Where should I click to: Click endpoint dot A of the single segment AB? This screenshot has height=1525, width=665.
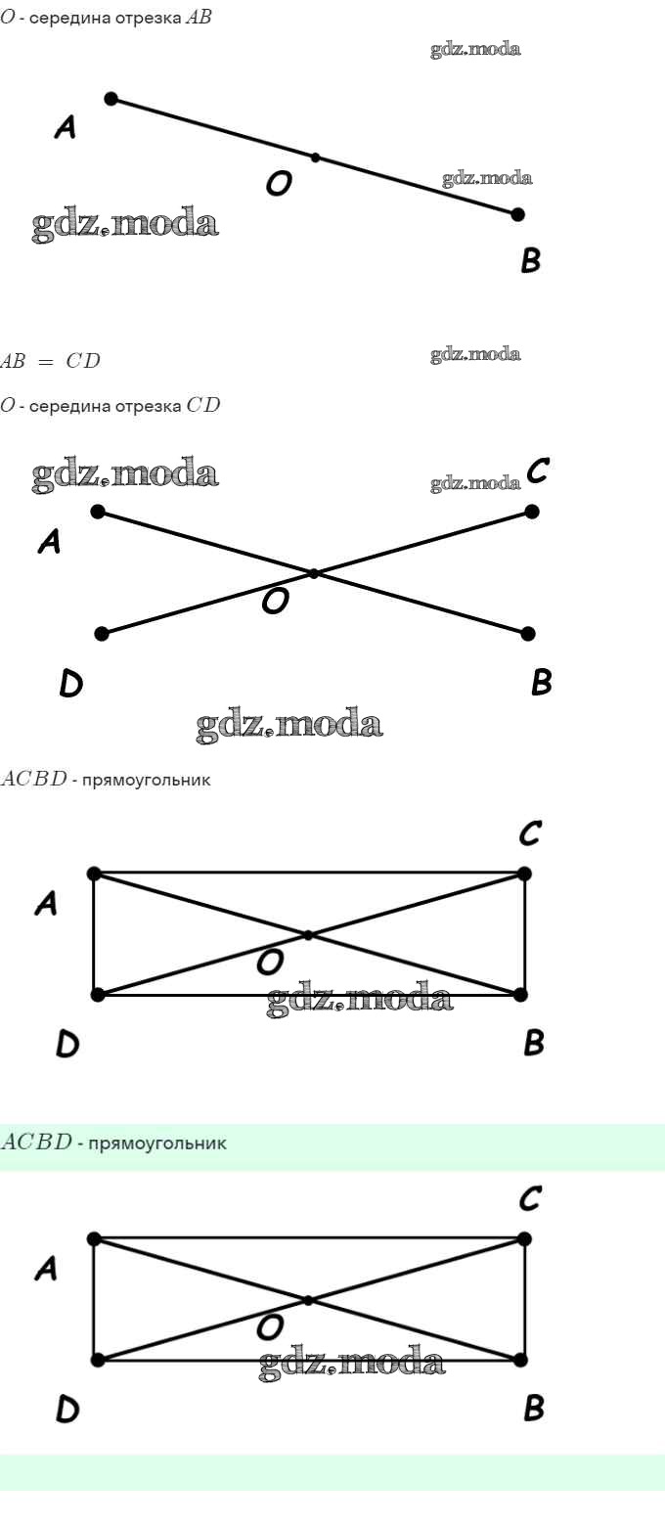click(x=111, y=100)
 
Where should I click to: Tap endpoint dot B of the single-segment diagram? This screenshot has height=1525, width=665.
click(x=517, y=214)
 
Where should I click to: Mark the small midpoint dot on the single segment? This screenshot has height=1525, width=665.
click(x=315, y=157)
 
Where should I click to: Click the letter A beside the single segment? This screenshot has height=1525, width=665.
click(x=65, y=127)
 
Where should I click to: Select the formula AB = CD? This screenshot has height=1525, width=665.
click(x=51, y=361)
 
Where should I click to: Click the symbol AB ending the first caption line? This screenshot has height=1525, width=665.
click(x=199, y=17)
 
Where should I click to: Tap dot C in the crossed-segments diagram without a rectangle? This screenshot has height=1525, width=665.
click(x=532, y=512)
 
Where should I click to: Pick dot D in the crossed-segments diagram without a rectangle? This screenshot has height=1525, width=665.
click(x=102, y=634)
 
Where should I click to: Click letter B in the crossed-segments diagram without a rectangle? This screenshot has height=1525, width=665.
click(x=541, y=682)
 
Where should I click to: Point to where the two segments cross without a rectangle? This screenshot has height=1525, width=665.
click(x=314, y=573)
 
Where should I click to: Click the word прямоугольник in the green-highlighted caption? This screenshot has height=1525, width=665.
click(x=157, y=1144)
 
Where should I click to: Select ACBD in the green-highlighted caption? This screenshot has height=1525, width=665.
click(x=36, y=1142)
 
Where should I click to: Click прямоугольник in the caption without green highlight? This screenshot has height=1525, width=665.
click(x=147, y=781)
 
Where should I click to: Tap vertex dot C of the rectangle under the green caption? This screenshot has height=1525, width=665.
click(x=523, y=1239)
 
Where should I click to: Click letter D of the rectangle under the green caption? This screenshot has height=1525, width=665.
click(x=67, y=1410)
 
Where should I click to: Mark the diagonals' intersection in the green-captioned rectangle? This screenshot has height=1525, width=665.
click(x=308, y=1300)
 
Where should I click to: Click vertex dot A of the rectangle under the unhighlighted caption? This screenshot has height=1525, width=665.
click(x=94, y=874)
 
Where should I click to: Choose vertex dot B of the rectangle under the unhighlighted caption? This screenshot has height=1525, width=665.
click(x=520, y=995)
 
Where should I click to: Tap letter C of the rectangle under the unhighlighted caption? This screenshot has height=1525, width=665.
click(x=529, y=833)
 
